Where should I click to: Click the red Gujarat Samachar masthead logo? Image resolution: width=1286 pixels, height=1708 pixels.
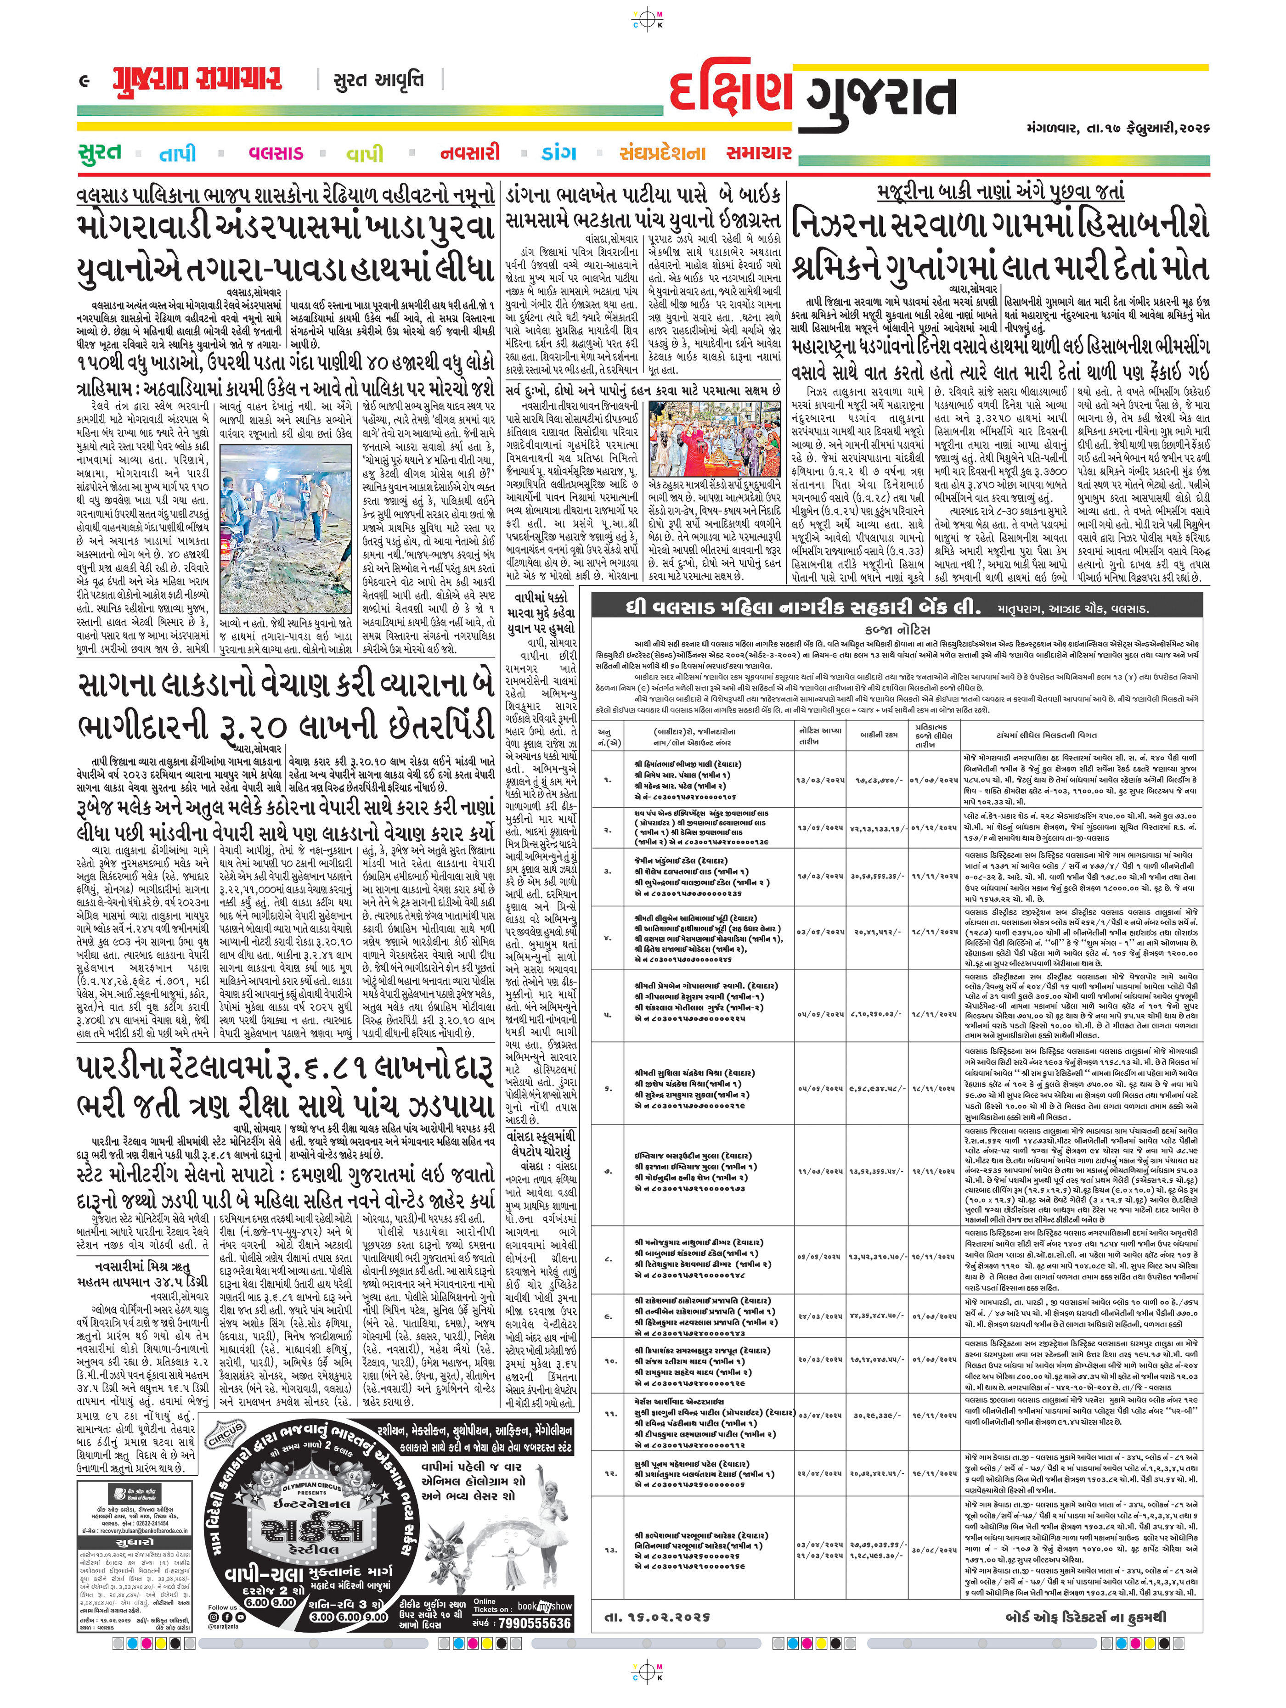[x=197, y=79]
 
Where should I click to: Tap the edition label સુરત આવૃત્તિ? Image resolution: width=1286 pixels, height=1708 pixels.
[x=378, y=79]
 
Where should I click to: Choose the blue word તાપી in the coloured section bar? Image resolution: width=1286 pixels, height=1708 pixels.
[x=178, y=154]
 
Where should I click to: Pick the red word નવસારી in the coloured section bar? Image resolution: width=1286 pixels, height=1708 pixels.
[x=469, y=153]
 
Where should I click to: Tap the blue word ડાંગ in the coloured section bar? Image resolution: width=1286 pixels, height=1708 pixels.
[x=559, y=153]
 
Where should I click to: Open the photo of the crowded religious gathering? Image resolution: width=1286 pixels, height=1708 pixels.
[x=715, y=438]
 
